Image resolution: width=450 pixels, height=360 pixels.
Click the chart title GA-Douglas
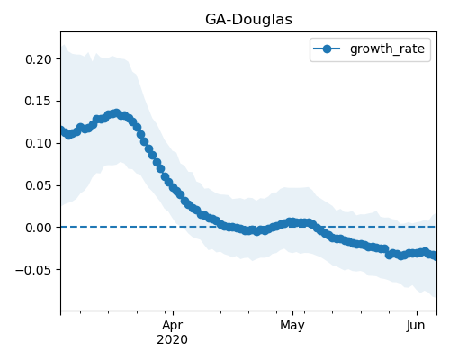(248, 20)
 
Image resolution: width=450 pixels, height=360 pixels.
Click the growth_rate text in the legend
(387, 49)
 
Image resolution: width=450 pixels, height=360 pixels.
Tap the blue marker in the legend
(327, 49)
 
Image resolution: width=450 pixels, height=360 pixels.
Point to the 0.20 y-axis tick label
(38, 59)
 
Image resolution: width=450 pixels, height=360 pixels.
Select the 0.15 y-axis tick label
(38, 101)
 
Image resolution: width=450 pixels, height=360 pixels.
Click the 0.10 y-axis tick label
(38, 143)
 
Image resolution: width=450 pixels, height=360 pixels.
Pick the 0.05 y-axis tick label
(38, 185)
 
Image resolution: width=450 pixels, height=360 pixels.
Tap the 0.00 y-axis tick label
(38, 228)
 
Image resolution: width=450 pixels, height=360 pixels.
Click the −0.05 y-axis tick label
(33, 270)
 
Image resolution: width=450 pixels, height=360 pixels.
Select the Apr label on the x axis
(173, 326)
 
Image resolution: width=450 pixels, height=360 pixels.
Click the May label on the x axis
(292, 326)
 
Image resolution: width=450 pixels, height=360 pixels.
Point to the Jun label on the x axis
(416, 325)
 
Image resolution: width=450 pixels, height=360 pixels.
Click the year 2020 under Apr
(173, 339)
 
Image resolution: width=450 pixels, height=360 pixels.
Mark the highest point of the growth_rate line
(116, 113)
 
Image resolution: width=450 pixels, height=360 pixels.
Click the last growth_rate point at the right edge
(435, 256)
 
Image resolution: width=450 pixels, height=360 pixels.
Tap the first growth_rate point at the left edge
(63, 130)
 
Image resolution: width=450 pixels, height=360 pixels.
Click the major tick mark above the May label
(292, 313)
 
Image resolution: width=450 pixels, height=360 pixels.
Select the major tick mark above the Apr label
(173, 313)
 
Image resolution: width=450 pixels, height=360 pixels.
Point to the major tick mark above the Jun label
(417, 313)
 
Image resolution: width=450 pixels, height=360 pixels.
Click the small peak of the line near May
(291, 222)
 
